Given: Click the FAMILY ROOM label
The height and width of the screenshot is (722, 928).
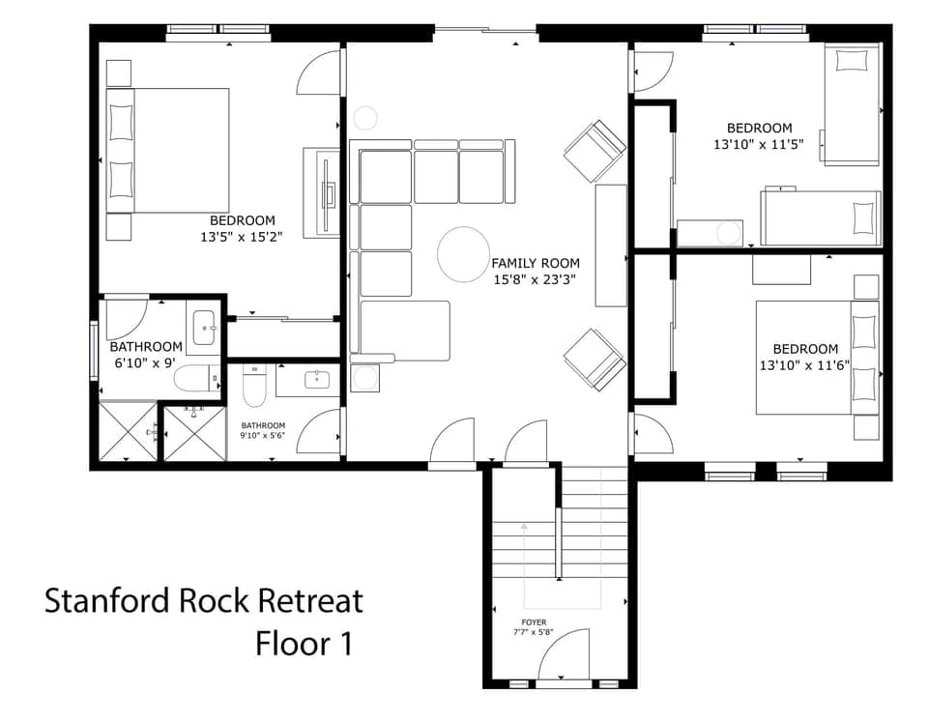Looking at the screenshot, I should pos(535,263).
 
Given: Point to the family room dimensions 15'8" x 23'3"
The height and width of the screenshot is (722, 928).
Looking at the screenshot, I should pos(535,279).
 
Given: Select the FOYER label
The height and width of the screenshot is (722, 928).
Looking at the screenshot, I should pos(533,622).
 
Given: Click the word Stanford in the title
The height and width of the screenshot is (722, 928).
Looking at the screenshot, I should pos(106,601).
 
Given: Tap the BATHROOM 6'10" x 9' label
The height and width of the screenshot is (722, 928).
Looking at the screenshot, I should pos(145,355).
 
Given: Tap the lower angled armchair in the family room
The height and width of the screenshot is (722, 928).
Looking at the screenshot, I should pos(594,358).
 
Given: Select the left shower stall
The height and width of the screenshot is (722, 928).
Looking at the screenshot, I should pos(128,432).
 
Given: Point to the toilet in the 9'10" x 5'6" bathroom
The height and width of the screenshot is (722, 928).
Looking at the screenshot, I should pos(254,388).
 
